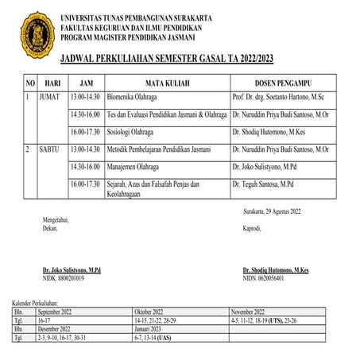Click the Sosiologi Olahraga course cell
(100, 131)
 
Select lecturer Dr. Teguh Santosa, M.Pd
(263, 184)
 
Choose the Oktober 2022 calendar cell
(153, 312)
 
